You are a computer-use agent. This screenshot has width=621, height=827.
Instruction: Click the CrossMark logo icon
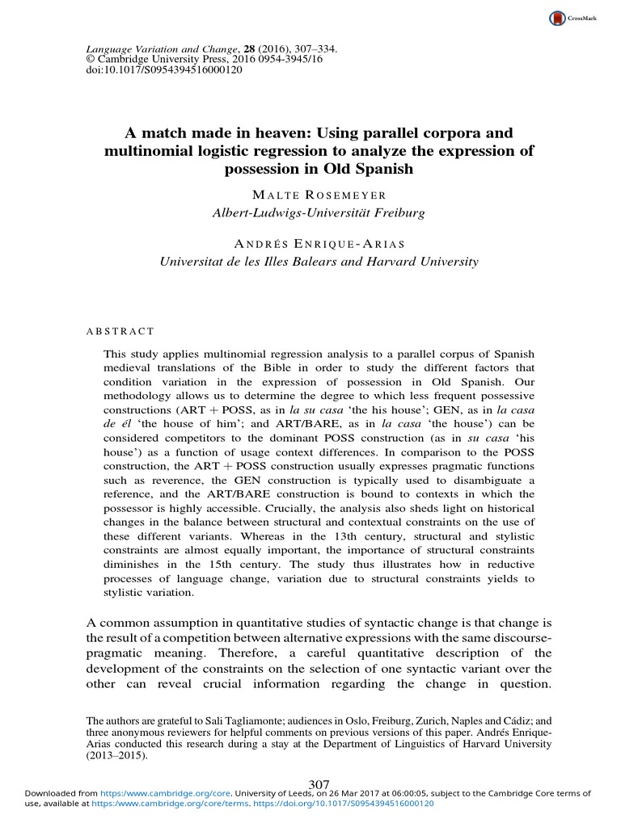tap(556, 18)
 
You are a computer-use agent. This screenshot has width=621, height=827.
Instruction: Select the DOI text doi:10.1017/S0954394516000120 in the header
tap(137, 69)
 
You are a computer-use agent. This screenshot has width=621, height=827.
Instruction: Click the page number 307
tap(319, 783)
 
